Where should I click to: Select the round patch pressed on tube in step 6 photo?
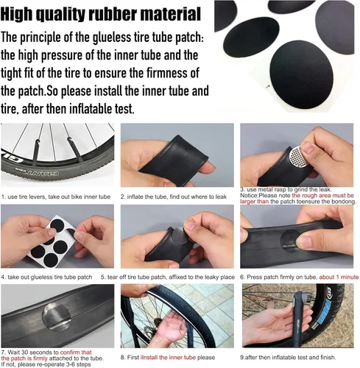pos(303,244)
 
